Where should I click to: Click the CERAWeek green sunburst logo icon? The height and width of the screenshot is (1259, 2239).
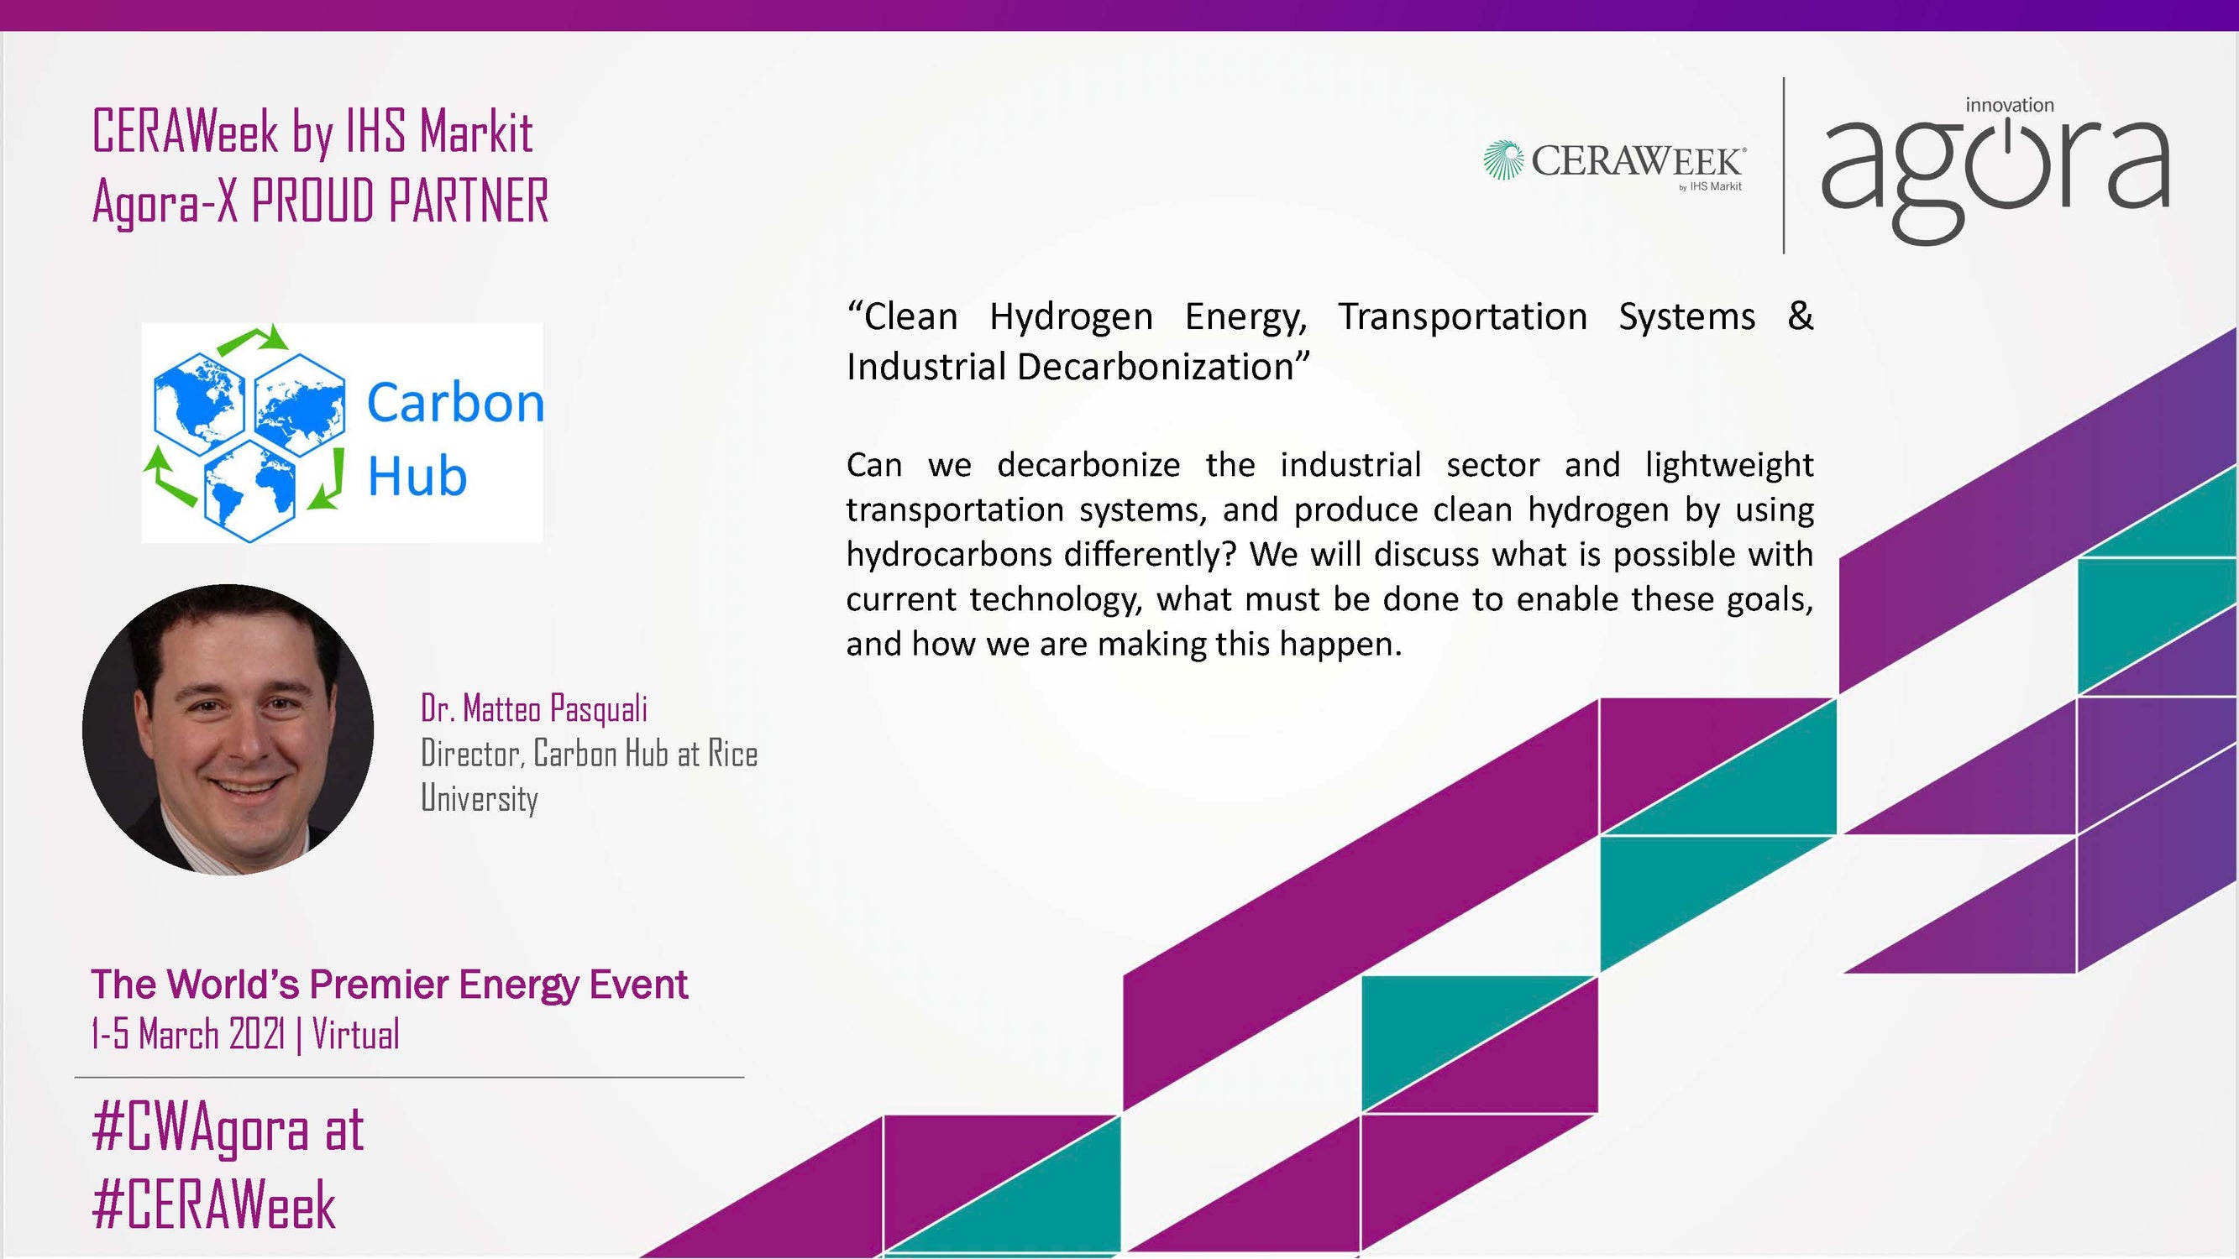tap(1503, 159)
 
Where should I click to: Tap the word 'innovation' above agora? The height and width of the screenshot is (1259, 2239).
tap(2010, 105)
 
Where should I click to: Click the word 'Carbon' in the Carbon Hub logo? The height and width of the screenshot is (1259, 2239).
tap(455, 403)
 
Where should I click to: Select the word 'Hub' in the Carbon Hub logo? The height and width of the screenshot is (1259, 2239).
tap(417, 476)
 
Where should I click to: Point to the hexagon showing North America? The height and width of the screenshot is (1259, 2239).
tap(199, 404)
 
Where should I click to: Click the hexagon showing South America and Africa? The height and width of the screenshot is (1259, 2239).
tap(250, 491)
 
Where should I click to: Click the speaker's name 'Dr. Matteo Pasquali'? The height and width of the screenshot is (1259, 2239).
tap(533, 709)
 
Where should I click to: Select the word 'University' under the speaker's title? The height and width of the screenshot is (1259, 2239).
tap(479, 798)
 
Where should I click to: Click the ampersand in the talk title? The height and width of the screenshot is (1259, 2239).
tap(1800, 316)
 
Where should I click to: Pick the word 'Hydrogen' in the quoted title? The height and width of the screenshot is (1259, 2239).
tap(1071, 317)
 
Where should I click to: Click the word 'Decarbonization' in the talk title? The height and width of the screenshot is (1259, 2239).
tap(1156, 367)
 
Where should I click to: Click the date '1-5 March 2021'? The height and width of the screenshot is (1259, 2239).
tap(188, 1035)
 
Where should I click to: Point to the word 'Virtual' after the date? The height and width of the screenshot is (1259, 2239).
tap(355, 1035)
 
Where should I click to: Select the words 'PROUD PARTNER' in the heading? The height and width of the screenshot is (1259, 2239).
tap(400, 201)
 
